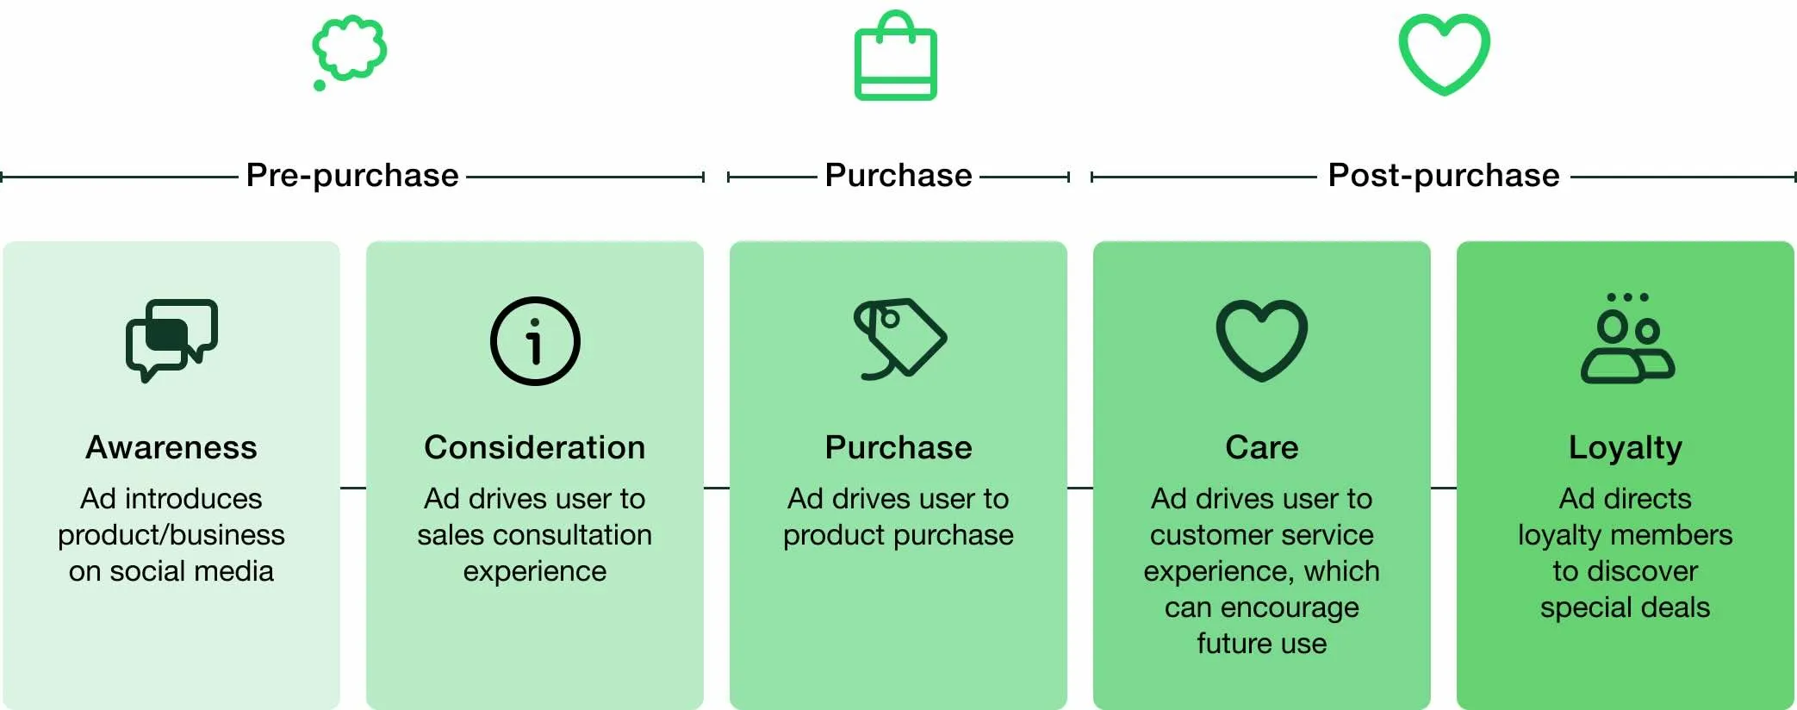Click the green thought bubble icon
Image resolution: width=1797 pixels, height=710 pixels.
pyautogui.click(x=349, y=50)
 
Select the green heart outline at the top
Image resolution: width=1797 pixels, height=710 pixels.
pyautogui.click(x=1444, y=53)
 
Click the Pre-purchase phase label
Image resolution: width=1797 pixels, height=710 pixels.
pyautogui.click(x=352, y=176)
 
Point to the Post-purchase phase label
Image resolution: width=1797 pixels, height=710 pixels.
pyautogui.click(x=1443, y=176)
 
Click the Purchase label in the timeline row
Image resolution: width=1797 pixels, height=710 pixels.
pyautogui.click(x=898, y=176)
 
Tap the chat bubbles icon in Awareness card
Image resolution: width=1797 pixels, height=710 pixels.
pyautogui.click(x=171, y=339)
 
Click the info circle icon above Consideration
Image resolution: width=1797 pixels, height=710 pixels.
pyautogui.click(x=535, y=341)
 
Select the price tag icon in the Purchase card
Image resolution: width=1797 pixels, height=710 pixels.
pyautogui.click(x=899, y=339)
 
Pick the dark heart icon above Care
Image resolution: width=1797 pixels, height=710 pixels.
pyautogui.click(x=1261, y=339)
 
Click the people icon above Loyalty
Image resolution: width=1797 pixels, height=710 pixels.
pyautogui.click(x=1626, y=339)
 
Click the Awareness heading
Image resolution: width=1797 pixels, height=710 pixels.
pyautogui.click(x=171, y=448)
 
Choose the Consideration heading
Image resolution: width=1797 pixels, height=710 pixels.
pyautogui.click(x=535, y=448)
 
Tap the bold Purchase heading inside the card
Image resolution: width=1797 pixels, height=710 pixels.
pyautogui.click(x=898, y=448)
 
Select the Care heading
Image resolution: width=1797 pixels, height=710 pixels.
pyautogui.click(x=1261, y=448)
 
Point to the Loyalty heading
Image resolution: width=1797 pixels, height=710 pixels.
pyautogui.click(x=1625, y=448)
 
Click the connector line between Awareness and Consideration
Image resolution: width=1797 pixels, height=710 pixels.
pyautogui.click(x=353, y=489)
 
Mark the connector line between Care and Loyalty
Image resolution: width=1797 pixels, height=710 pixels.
pyautogui.click(x=1444, y=489)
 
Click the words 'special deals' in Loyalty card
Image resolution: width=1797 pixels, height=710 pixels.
pyautogui.click(x=1625, y=607)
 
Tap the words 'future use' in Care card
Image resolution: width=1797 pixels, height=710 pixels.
pyautogui.click(x=1261, y=644)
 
